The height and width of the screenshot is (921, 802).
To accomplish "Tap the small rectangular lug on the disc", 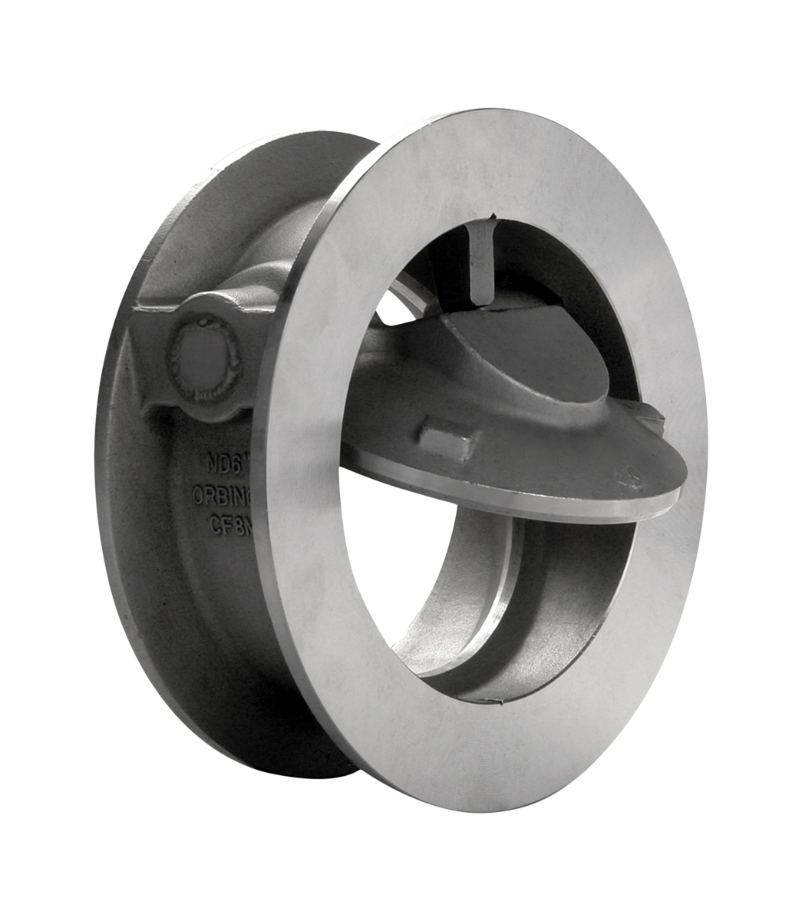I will coord(447,442).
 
